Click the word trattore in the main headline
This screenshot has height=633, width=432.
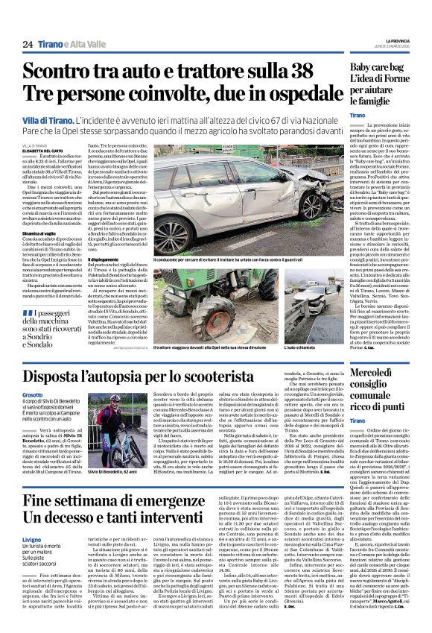coord(224,72)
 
